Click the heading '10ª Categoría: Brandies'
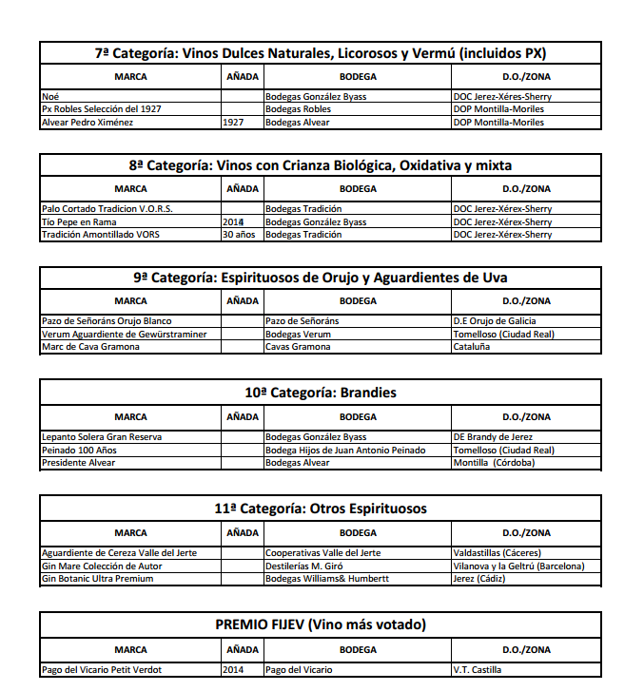click(321, 393)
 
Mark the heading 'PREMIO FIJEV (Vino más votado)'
click(321, 624)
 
